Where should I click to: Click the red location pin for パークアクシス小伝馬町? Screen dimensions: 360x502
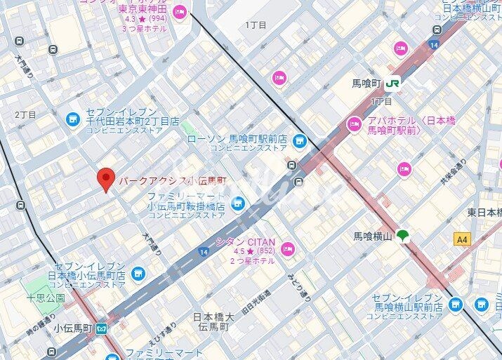tap(105, 180)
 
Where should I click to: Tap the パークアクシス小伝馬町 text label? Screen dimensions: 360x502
tap(167, 180)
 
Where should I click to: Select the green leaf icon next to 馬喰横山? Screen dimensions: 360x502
tap(404, 236)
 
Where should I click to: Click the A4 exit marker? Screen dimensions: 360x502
tap(461, 239)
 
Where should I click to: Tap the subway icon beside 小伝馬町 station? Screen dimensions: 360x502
tap(103, 328)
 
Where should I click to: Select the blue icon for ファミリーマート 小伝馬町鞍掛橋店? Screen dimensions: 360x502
tap(239, 204)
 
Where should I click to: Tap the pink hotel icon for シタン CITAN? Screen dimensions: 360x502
tap(288, 248)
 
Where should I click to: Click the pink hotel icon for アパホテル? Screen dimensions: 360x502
tap(355, 125)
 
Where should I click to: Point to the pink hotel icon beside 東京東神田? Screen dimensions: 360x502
tap(180, 11)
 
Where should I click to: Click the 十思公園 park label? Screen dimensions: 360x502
tap(46, 298)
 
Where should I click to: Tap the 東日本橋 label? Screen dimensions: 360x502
tap(484, 212)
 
